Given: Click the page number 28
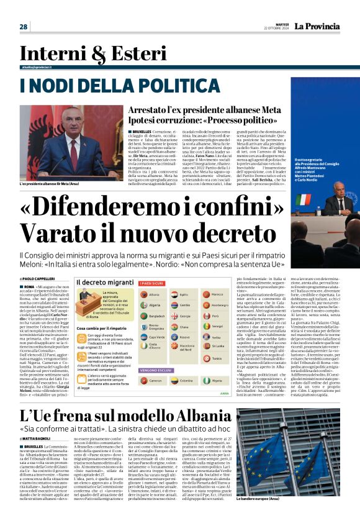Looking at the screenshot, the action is tap(24, 27).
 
